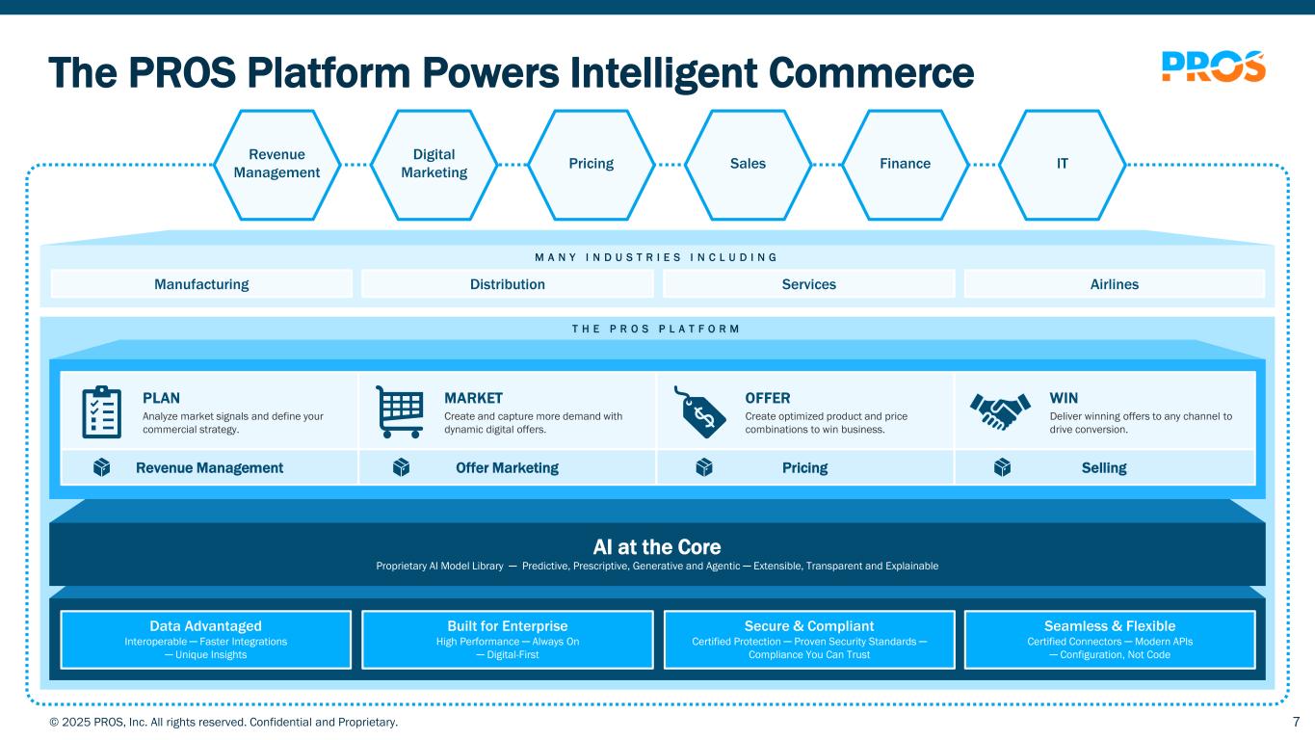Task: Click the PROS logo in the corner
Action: coord(1214,66)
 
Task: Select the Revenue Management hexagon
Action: coord(276,165)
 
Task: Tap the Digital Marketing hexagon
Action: coord(434,165)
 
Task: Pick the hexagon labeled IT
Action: coord(1062,165)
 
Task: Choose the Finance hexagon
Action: coord(905,165)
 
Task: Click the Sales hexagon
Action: coord(748,165)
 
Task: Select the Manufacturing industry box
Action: coord(201,284)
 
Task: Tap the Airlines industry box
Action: coord(1115,284)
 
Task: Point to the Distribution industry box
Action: coord(507,284)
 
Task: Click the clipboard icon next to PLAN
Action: coord(101,411)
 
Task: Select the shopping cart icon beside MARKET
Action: coord(400,411)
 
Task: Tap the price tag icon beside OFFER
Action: coord(699,411)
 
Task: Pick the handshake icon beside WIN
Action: coord(1000,411)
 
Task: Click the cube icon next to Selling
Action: coord(1002,467)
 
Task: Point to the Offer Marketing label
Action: coord(507,467)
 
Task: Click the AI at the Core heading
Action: coord(657,546)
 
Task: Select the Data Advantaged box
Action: coord(205,640)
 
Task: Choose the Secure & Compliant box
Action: coord(809,640)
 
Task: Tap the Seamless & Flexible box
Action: coord(1110,640)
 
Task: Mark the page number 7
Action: coord(1297,722)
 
